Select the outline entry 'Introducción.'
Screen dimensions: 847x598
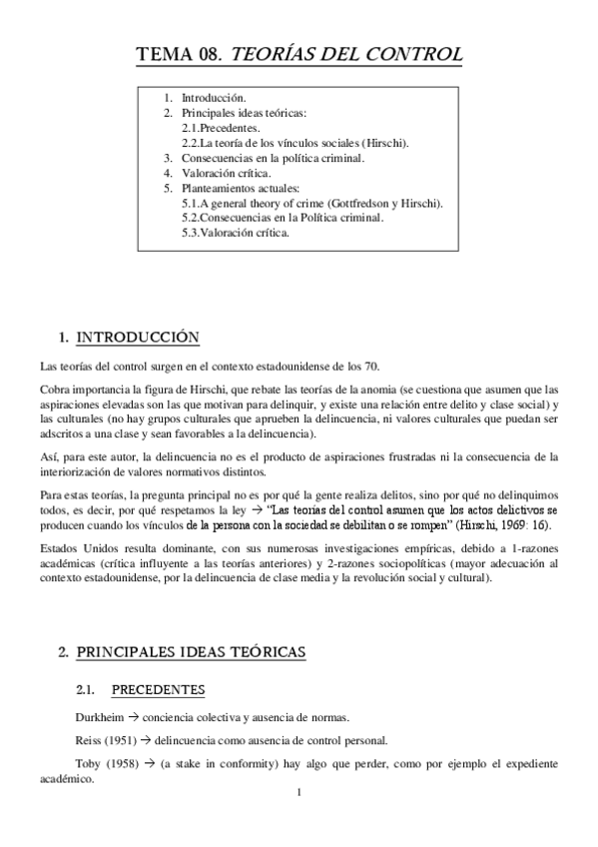213,100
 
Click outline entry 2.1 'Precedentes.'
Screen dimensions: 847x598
222,129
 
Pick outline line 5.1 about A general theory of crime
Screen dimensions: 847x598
312,203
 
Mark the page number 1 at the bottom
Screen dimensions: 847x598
299,794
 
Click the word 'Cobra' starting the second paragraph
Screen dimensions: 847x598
54,389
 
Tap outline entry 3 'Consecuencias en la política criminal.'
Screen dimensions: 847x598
273,158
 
